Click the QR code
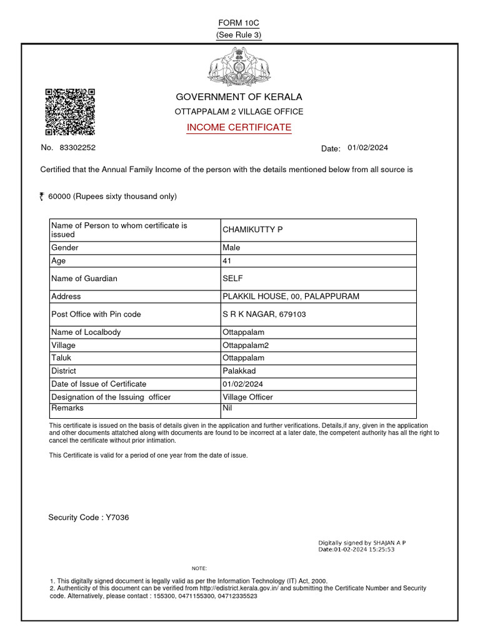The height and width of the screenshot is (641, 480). [x=70, y=112]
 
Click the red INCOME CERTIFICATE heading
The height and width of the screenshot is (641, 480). [x=239, y=128]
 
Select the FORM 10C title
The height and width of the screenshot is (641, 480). [x=238, y=23]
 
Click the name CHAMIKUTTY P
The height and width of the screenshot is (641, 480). [x=252, y=230]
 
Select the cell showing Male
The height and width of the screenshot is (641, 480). [x=231, y=248]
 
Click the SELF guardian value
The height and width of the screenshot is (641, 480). [x=232, y=279]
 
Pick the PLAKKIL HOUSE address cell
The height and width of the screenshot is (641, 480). [x=291, y=297]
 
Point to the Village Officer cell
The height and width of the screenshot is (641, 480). [x=247, y=397]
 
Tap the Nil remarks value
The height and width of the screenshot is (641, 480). [x=227, y=407]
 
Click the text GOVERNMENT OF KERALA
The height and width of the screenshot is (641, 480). [x=238, y=97]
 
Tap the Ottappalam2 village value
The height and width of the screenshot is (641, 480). [x=245, y=346]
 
